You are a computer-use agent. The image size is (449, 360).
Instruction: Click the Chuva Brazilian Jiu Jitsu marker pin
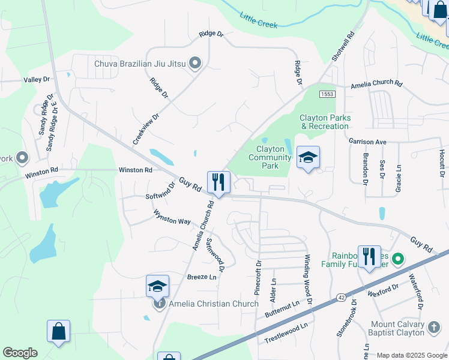tap(195, 63)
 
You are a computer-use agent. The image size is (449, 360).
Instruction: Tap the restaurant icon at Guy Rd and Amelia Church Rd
tap(218, 182)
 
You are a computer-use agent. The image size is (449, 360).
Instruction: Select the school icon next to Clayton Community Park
tap(308, 158)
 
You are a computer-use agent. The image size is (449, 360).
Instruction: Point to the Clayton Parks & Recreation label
tap(325, 122)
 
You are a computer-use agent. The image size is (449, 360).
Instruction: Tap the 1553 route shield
tap(327, 94)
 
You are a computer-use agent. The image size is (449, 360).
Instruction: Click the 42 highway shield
tap(341, 296)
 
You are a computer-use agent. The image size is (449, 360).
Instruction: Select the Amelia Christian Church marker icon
tap(160, 304)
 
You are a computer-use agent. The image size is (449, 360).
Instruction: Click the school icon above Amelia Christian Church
tap(157, 286)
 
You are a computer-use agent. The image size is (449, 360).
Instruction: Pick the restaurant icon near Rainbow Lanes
tap(369, 256)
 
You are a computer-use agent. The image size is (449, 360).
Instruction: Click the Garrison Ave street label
tap(367, 142)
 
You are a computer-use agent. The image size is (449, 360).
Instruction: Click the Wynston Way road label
tap(172, 217)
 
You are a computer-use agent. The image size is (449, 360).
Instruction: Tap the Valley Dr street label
tap(37, 79)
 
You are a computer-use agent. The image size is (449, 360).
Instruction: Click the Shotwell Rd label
tap(343, 46)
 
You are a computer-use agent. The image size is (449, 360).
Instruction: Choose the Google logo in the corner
tap(20, 353)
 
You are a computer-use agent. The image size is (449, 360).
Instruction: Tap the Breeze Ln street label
tap(202, 277)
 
